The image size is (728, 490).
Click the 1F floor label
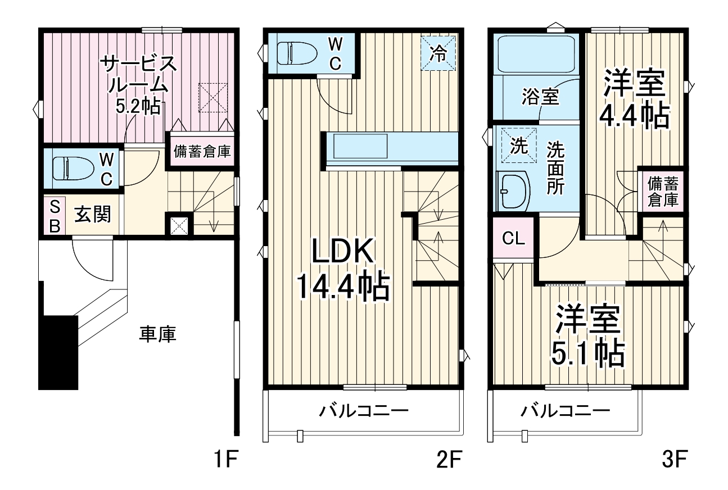(226, 461)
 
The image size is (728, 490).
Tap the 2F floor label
(448, 461)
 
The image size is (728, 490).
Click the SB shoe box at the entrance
(55, 214)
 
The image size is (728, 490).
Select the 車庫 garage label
(158, 335)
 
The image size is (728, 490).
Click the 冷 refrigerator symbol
(438, 53)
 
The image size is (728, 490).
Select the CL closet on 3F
(513, 238)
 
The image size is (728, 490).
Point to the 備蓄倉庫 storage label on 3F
(663, 192)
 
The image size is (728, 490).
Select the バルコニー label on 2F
(364, 411)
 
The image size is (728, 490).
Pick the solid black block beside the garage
(58, 352)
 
